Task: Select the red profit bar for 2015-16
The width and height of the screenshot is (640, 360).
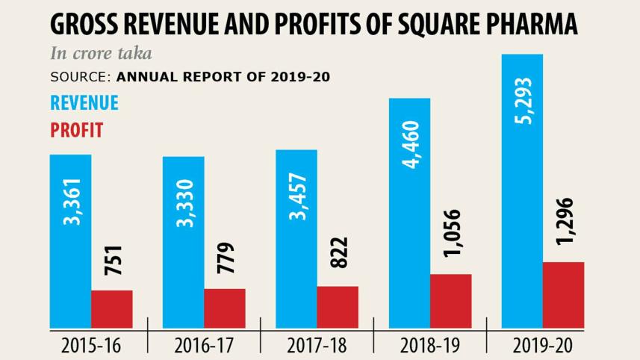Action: point(112,308)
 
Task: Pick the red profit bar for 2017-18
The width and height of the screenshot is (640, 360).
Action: point(338,306)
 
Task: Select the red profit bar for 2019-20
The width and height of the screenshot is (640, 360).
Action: point(563,294)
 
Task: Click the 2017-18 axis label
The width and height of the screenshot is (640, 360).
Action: point(317,346)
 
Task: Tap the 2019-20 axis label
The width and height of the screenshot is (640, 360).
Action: point(543,346)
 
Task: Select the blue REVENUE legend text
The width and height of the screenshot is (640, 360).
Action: point(84,103)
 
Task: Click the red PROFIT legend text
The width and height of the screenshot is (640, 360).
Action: point(76,130)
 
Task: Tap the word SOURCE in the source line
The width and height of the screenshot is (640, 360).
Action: point(81,76)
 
